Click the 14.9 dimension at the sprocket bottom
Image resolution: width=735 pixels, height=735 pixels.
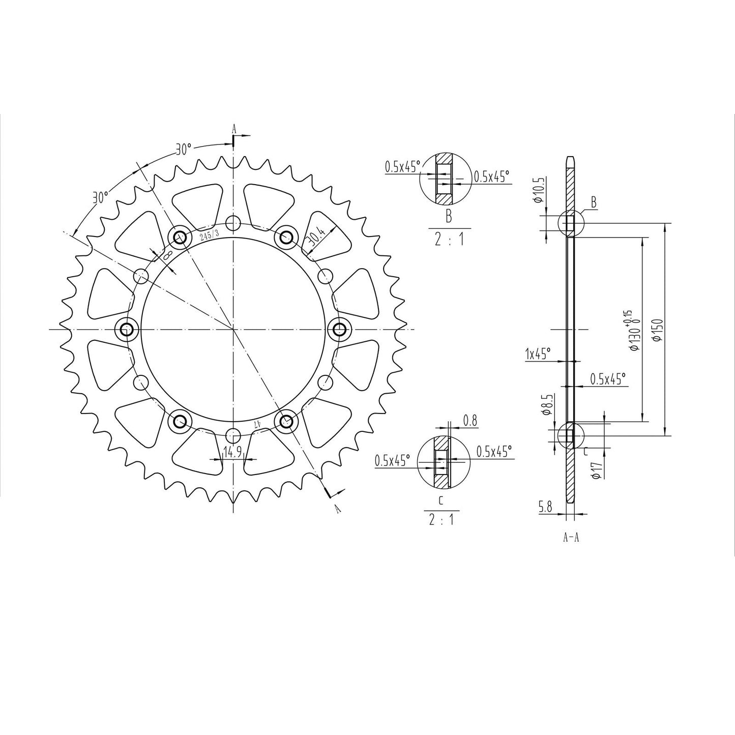tap(233, 452)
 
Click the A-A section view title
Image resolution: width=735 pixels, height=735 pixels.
tap(571, 538)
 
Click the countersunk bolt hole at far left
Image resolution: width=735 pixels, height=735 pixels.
tap(126, 330)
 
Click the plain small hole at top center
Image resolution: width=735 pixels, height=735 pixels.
tap(233, 222)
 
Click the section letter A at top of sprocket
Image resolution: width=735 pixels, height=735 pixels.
tap(234, 129)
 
